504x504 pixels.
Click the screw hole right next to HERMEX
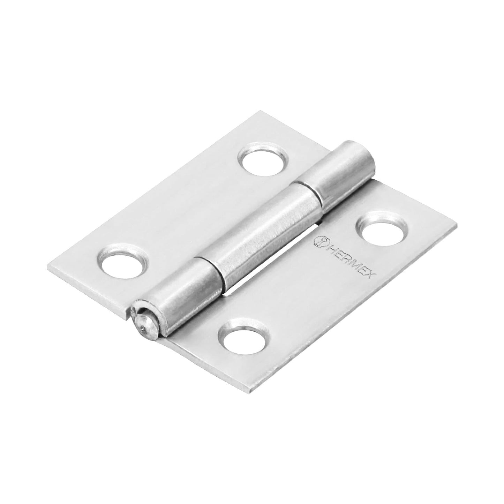(381, 228)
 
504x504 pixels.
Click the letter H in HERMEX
(328, 243)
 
